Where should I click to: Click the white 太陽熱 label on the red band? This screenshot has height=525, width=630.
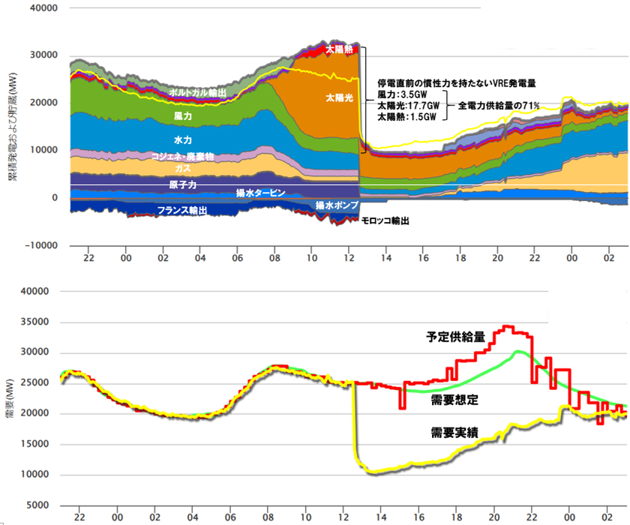pyautogui.click(x=338, y=49)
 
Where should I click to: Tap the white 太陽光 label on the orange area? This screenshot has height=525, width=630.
pyautogui.click(x=339, y=97)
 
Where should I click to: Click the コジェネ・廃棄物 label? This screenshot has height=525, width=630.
pyautogui.click(x=183, y=157)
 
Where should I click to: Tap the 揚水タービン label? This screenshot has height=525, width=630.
pyautogui.click(x=260, y=193)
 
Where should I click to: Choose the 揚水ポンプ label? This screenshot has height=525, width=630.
pyautogui.click(x=336, y=205)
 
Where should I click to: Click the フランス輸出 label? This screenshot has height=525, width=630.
pyautogui.click(x=183, y=210)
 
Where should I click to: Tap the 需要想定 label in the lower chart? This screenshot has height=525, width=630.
pyautogui.click(x=454, y=400)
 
